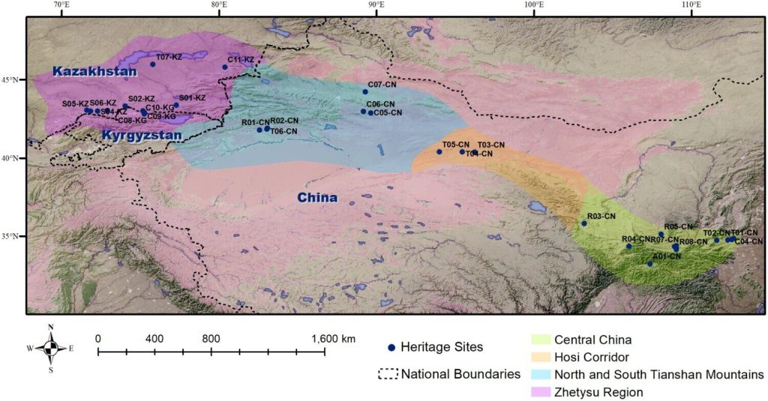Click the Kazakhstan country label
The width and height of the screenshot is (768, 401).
pos(94,72)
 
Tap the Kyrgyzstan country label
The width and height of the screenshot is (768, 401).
pos(140,136)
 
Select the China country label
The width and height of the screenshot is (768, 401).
pos(315,199)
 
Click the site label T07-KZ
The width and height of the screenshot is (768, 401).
pos(169,57)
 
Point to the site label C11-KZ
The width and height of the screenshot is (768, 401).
pos(241,60)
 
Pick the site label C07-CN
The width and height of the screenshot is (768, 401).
pos(382,85)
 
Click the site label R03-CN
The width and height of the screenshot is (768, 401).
pos(601,217)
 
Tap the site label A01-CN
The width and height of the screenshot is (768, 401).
pos(667,256)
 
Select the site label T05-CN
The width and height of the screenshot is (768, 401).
pos(455,144)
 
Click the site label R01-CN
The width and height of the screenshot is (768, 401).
pos(255,121)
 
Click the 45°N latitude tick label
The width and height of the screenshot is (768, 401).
pos(12,79)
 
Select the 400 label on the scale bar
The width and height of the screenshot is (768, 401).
pos(154,339)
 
